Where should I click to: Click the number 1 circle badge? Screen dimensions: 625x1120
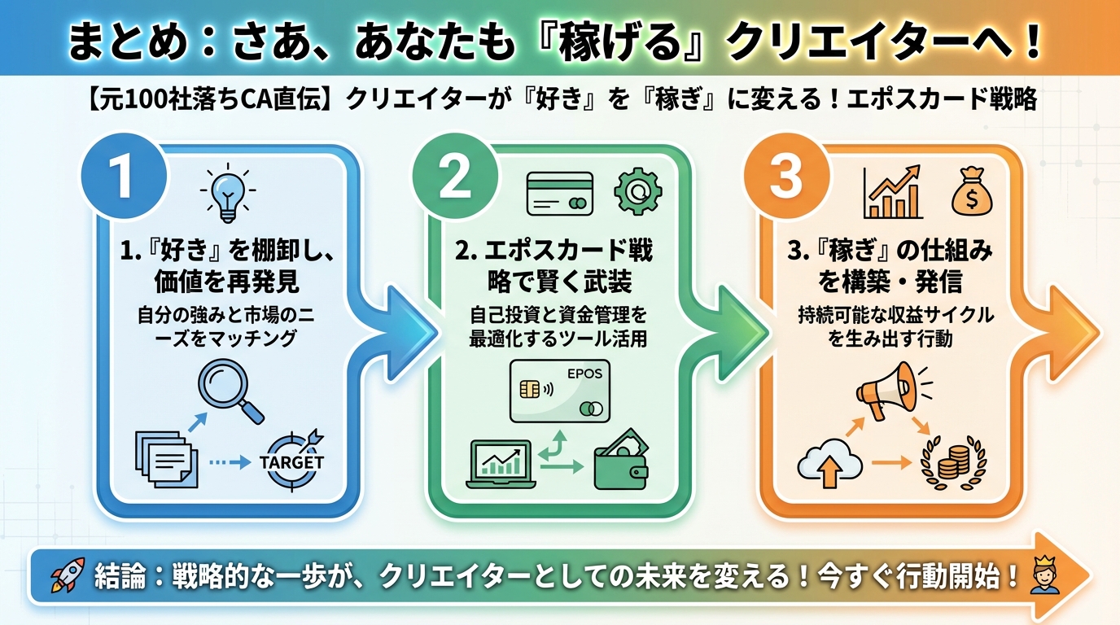pos(124,179)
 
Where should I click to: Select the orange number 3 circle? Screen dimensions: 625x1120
pos(785,179)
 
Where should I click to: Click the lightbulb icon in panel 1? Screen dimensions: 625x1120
pos(225,194)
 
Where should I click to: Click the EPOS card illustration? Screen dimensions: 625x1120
pos(559,391)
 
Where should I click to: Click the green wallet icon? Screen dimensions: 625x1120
pos(621,463)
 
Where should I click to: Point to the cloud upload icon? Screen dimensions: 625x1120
pos(829,465)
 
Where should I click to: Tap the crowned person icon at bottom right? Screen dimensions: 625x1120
pos(1044,575)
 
